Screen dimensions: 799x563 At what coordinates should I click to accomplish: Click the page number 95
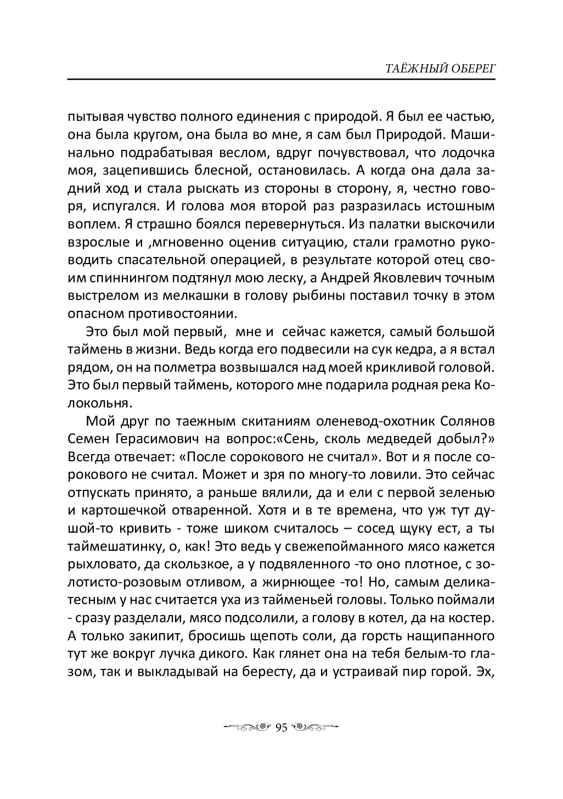281,728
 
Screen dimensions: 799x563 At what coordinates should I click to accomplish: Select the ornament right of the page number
316,728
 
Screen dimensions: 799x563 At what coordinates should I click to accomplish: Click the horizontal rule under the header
281,80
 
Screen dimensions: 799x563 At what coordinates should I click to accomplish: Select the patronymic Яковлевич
421,278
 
